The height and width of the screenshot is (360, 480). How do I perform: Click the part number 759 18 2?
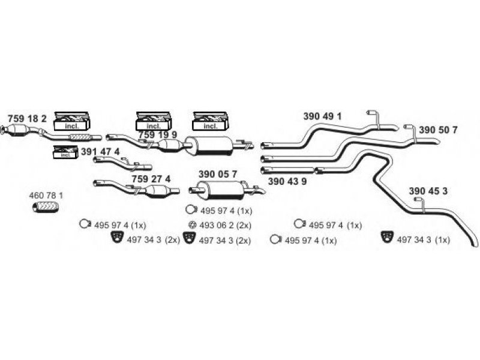[x=27, y=118]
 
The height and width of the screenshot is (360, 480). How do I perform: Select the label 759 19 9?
[x=157, y=134]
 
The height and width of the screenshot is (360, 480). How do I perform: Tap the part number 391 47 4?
[x=100, y=152]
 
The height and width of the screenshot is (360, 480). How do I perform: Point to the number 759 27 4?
[x=151, y=179]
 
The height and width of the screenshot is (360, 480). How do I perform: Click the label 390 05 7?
[x=218, y=174]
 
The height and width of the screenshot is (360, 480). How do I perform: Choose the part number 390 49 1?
[x=322, y=116]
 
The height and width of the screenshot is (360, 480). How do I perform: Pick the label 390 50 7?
[x=438, y=130]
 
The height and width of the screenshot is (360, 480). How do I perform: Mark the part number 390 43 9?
[x=287, y=181]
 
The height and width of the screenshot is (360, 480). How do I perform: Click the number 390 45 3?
[x=428, y=191]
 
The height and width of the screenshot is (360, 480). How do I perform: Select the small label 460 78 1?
[x=46, y=196]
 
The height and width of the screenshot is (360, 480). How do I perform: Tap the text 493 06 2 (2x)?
[x=226, y=226]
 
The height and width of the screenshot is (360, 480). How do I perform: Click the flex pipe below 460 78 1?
[x=46, y=208]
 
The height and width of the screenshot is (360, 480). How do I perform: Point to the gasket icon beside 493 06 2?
[x=192, y=225]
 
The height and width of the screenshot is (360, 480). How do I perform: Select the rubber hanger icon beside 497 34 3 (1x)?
[x=387, y=237]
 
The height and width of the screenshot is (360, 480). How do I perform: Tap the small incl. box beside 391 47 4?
[x=64, y=152]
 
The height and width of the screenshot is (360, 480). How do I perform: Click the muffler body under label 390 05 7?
[x=220, y=190]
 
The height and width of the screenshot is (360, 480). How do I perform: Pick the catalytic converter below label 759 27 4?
[x=158, y=191]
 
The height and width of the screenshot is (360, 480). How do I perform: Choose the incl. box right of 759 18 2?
[x=72, y=121]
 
